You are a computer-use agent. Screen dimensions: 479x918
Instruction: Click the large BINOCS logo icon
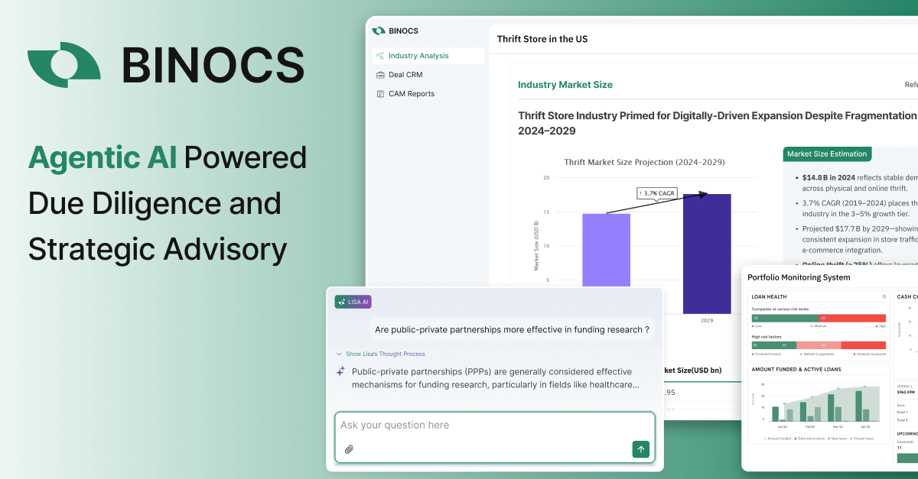pos(63,64)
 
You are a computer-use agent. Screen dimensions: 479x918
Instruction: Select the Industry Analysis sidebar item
pos(418,56)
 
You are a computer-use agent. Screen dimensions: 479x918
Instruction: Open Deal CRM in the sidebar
pos(405,75)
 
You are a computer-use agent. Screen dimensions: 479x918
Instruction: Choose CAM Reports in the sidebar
pos(411,94)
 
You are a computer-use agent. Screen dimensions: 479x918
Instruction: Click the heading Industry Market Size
pos(565,85)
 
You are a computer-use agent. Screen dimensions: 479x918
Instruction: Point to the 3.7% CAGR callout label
pos(661,194)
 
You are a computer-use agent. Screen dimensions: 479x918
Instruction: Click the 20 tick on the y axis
pos(546,178)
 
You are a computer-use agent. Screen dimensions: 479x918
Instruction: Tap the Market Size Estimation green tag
pos(828,154)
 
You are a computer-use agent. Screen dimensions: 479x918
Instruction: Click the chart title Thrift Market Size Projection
pos(644,162)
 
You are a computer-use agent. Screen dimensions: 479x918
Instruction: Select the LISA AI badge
pos(353,302)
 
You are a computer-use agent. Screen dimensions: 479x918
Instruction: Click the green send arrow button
pos(641,449)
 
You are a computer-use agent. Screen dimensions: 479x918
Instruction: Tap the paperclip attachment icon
pos(349,449)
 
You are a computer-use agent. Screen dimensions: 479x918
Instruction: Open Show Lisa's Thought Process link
pos(385,354)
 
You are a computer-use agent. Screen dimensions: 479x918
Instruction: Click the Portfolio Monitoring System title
pos(799,277)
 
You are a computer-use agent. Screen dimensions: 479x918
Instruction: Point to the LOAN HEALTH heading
pos(769,296)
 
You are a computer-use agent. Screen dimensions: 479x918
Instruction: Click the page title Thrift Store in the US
pos(542,39)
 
